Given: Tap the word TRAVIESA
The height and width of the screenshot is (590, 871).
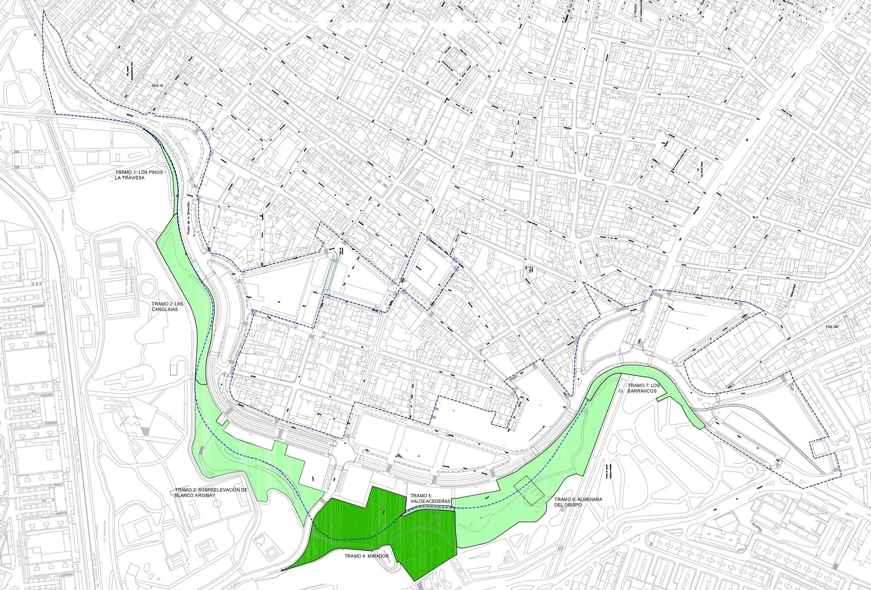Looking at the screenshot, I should click(132, 178).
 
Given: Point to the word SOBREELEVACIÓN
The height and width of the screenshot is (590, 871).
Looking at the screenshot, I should click(218, 490).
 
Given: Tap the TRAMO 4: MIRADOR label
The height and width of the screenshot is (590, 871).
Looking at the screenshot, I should click(367, 556).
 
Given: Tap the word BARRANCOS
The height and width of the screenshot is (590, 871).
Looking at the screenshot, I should click(642, 391).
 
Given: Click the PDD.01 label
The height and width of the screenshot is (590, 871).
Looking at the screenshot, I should click(157, 86).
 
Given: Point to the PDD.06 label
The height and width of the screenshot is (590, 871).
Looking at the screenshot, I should click(831, 327).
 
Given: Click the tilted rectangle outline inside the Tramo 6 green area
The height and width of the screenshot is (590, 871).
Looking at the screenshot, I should click(529, 491).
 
